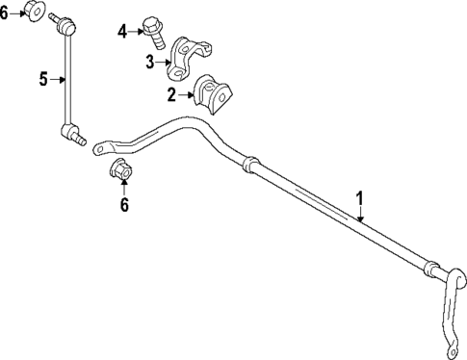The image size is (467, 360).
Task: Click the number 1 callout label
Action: [360, 198]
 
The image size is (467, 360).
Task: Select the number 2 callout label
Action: [171, 94]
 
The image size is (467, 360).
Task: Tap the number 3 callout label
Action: [150, 63]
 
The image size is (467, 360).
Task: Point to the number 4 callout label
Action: [122, 32]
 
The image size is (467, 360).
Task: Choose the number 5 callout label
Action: [44, 80]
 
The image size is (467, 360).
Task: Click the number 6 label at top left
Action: [5, 13]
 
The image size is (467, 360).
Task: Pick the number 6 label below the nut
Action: [123, 204]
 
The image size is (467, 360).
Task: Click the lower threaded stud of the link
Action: [78, 138]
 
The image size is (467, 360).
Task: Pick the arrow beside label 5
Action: [58, 80]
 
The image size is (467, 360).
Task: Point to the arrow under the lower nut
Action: [123, 190]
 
